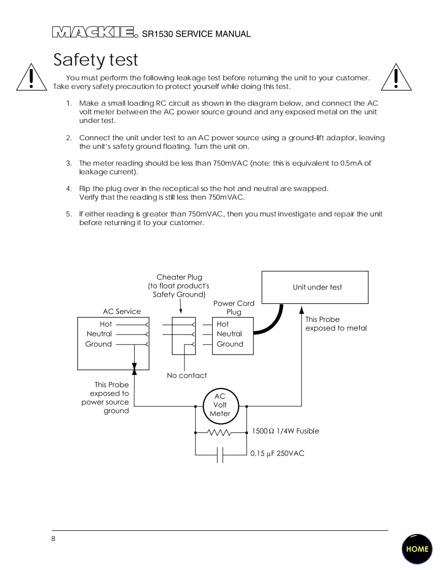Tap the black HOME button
[417, 549]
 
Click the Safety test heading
[96, 60]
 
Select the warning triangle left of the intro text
[32, 77]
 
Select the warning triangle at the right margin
[396, 77]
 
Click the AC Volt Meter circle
[219, 405]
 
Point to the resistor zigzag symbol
[219, 433]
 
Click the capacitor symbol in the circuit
[220, 455]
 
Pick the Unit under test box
[315, 287]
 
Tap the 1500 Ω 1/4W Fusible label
[286, 431]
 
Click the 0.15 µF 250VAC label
[277, 453]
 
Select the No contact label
[186, 376]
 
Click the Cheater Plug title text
[179, 277]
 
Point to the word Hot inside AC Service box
[106, 324]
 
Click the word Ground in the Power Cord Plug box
[230, 344]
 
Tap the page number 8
[53, 539]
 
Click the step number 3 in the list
[69, 163]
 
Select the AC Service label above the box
[121, 311]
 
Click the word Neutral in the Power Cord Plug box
[229, 334]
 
